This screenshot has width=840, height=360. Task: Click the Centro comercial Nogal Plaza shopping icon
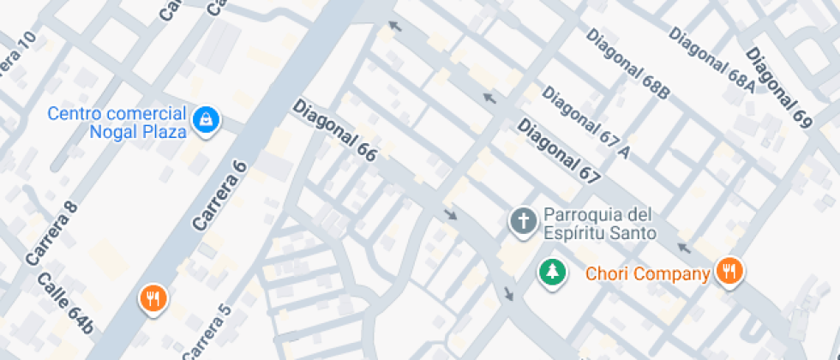[207, 121]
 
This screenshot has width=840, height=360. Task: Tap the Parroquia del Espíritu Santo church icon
[521, 221]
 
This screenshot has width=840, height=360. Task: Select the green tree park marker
[553, 273]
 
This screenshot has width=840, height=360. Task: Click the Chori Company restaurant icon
[730, 273]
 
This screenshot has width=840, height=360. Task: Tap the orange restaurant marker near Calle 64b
[153, 299]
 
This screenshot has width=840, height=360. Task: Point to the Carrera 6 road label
[219, 195]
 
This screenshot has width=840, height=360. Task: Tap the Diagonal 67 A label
[587, 123]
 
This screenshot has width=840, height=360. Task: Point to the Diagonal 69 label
[777, 88]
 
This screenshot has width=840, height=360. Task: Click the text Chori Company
[647, 275]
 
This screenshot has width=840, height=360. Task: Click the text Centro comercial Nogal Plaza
[117, 123]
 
